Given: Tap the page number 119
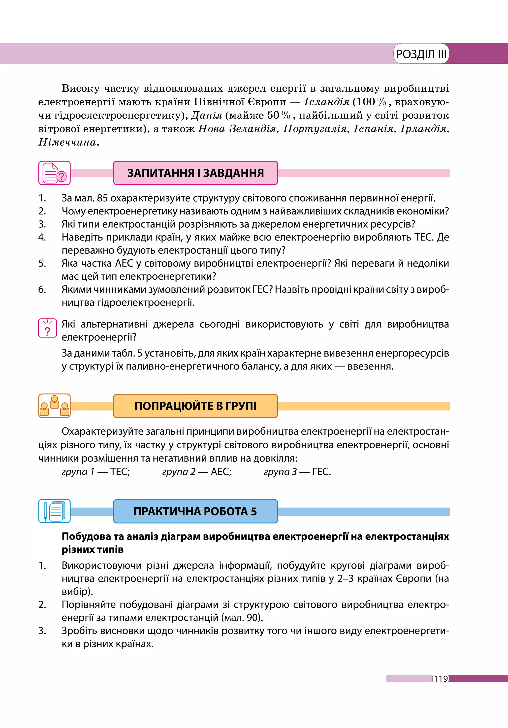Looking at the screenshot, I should (441, 679).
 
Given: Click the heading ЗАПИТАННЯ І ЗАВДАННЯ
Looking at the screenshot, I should (195, 173).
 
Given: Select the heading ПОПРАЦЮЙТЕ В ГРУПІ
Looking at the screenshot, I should (195, 406).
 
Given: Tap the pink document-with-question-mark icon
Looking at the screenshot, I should (55, 173).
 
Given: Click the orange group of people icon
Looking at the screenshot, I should (55, 406).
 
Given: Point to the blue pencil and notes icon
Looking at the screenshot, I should (55, 511).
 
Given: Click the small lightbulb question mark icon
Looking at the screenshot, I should (48, 328).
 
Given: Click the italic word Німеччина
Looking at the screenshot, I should (67, 142).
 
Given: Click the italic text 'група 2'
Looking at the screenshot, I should (179, 472).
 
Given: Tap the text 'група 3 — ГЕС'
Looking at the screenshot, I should (297, 472).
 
